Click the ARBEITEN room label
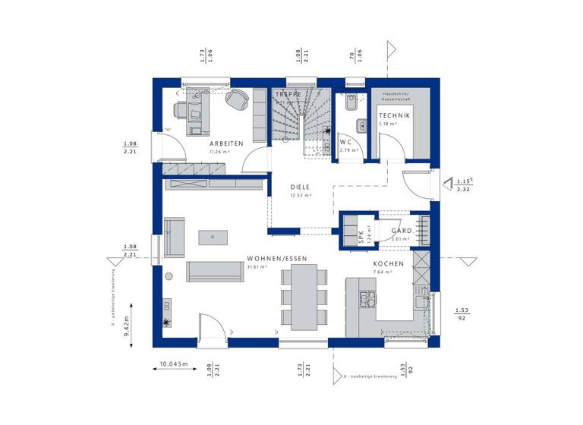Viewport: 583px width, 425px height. click(226, 143)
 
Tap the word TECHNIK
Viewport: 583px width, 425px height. click(395, 115)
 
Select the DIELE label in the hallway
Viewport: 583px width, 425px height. click(301, 186)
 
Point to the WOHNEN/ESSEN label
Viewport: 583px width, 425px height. click(276, 258)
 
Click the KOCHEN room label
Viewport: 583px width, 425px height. click(388, 263)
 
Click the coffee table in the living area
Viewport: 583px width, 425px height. click(213, 237)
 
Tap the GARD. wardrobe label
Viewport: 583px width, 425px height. click(402, 231)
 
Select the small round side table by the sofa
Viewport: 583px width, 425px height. click(169, 275)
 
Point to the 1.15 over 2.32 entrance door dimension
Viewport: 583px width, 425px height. click(465, 184)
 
